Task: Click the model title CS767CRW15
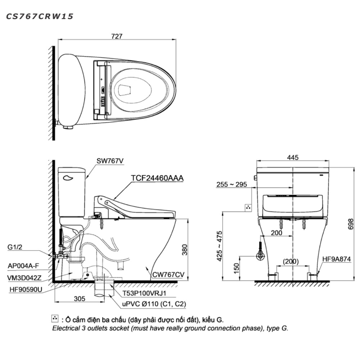40,16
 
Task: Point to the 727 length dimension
117,36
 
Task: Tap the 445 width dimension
293,158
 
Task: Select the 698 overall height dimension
351,224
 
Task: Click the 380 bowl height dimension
185,250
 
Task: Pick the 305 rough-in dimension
80,299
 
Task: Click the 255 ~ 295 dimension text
231,184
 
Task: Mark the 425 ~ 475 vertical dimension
220,246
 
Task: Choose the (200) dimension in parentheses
291,261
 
